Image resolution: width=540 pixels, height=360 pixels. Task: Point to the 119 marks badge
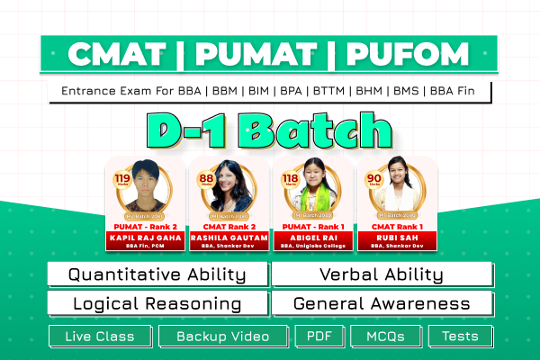click(x=120, y=177)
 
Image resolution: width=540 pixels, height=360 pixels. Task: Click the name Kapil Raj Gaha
click(x=147, y=238)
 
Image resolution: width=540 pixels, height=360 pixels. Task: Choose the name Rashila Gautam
click(x=229, y=238)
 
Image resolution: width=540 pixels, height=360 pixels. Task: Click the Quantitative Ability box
click(x=157, y=274)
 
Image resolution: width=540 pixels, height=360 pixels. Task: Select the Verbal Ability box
click(x=382, y=274)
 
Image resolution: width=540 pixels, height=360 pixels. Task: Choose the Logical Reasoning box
click(x=157, y=303)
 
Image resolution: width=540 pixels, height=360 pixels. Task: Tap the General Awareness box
click(x=382, y=303)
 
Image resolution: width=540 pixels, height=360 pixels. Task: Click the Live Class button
click(x=100, y=337)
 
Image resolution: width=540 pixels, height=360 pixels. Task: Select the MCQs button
click(x=385, y=337)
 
